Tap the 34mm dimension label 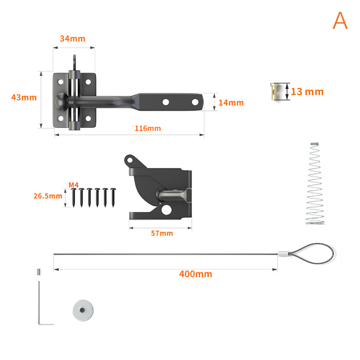coord(72,39)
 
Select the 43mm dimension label coord(24,97)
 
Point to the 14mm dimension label coord(231,103)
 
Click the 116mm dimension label coord(148,128)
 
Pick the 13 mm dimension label coord(307,92)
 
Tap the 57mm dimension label coord(162,233)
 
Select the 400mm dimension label coord(196,274)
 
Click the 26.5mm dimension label coord(48,196)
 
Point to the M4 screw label coord(73,185)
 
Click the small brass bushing coord(274,91)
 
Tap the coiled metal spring coord(315,184)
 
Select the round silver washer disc coord(83,310)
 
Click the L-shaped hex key coord(39,303)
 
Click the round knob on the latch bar coord(60,102)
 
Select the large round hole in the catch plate coord(166,210)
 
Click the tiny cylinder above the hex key coord(39,272)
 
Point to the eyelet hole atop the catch coord(130,160)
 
